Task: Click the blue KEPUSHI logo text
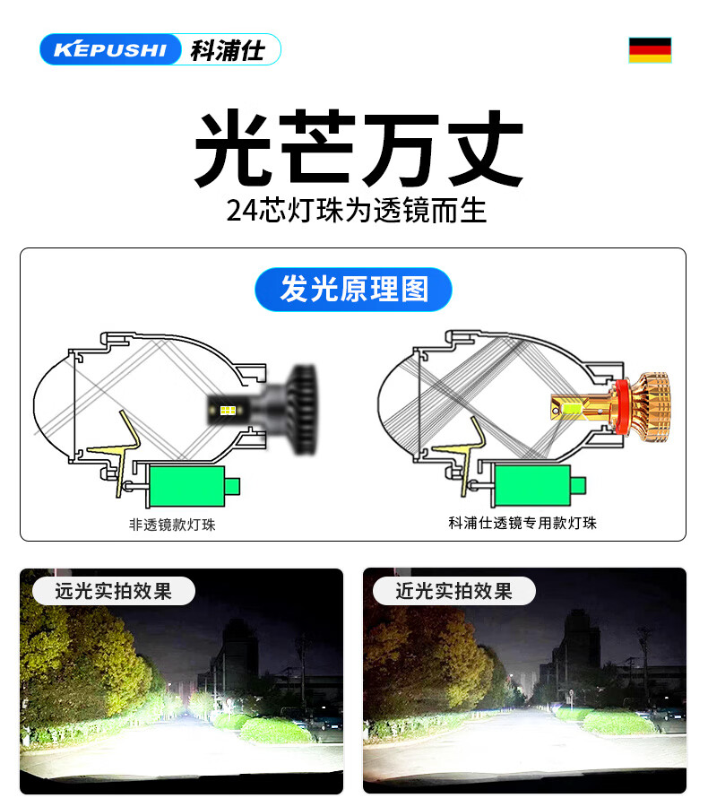[110, 49]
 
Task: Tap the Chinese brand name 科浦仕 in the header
[228, 50]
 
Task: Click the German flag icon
[650, 50]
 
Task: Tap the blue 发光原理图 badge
[353, 290]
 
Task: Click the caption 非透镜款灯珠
[172, 525]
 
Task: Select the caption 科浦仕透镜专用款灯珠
[522, 523]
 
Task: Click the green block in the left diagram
[186, 486]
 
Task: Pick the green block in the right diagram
[532, 485]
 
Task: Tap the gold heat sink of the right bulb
[652, 406]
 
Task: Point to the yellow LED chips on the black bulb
[228, 410]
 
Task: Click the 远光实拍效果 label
[114, 591]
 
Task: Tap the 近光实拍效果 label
[454, 591]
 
